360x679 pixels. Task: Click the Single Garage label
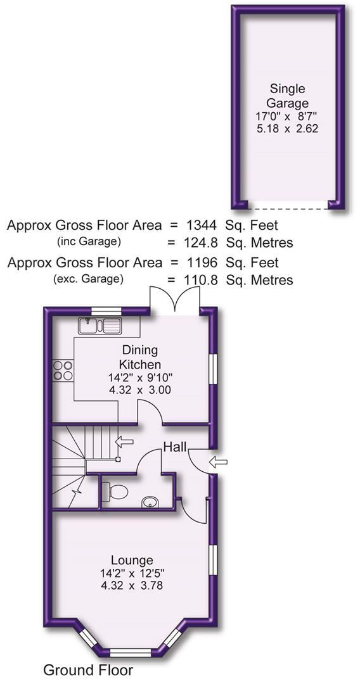point(288,96)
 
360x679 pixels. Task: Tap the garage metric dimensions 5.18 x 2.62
point(288,128)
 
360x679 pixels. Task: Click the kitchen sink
point(100,326)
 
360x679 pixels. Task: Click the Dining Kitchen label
point(140,357)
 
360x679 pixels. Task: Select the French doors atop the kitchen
point(174,298)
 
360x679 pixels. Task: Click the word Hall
point(175,447)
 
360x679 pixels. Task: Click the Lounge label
point(131,560)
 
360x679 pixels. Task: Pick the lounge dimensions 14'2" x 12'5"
point(131,573)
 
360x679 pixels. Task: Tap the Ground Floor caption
point(88,669)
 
